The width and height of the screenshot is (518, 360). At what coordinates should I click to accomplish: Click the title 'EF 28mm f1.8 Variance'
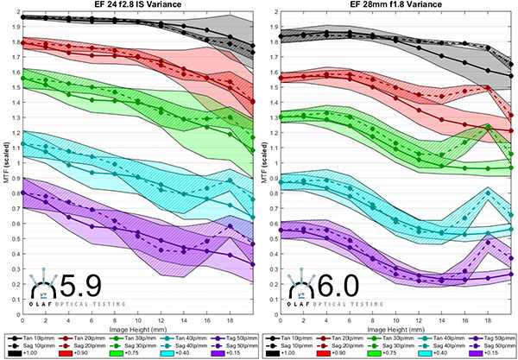(x=388, y=7)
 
